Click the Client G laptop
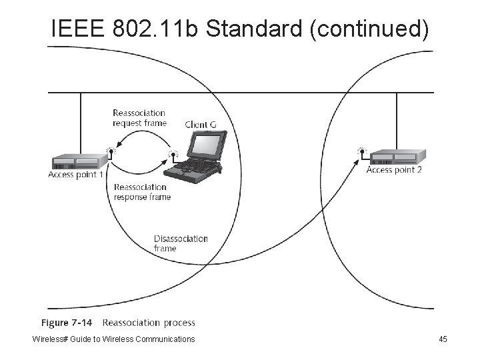(199, 155)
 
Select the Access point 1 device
(80, 161)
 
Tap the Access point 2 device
(397, 157)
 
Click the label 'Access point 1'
(76, 175)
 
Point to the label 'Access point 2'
(394, 170)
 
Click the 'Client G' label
(200, 125)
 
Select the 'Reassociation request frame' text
(139, 118)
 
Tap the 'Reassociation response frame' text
(142, 192)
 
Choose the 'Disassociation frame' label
(181, 243)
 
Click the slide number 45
(443, 339)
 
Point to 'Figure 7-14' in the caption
(67, 323)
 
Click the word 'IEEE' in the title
(74, 29)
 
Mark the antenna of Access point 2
(362, 151)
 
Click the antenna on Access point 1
(110, 152)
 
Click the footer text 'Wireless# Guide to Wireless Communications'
(114, 339)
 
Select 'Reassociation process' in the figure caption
(149, 323)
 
